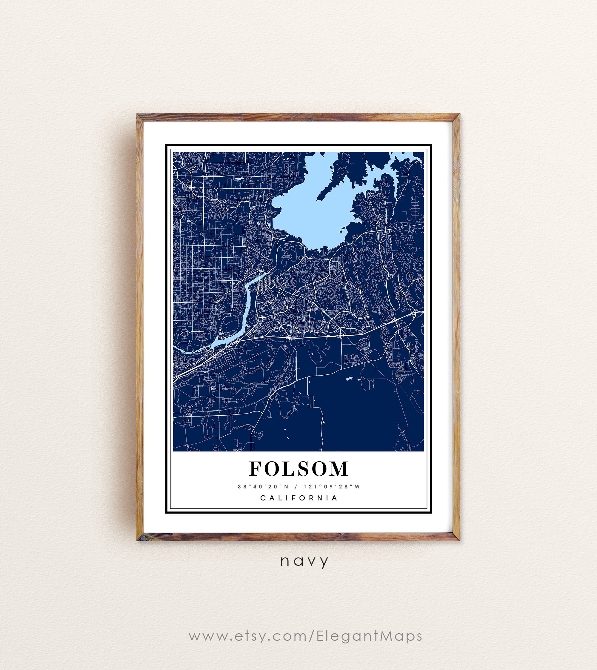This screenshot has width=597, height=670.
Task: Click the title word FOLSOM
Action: [298, 468]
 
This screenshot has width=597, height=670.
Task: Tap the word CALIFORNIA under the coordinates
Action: [299, 498]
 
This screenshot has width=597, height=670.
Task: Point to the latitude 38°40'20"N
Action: [263, 487]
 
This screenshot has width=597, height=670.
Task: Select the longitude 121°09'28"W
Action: [332, 487]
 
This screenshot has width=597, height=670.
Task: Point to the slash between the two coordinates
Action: [296, 487]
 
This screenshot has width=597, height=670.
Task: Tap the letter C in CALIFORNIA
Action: [263, 498]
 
